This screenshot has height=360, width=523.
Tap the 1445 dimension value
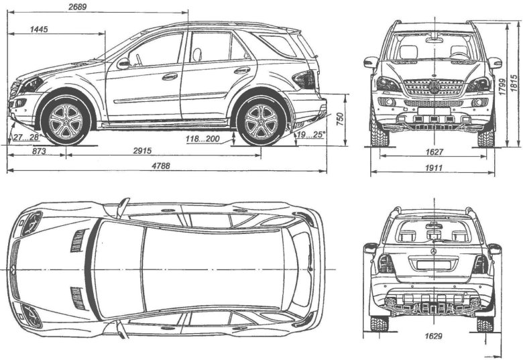tap(42, 30)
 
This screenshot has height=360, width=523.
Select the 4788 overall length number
tap(159, 166)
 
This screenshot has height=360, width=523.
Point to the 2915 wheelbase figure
tap(161, 152)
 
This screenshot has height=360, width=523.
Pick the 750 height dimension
tap(340, 119)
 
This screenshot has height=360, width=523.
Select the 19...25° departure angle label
tap(312, 135)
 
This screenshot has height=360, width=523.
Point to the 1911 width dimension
tap(432, 168)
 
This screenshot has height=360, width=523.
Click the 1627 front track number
tap(432, 153)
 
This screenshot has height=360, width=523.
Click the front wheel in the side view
tap(65, 121)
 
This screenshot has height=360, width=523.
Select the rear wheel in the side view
tap(261, 121)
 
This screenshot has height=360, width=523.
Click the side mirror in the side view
tap(123, 64)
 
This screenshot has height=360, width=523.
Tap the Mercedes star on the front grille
tap(434, 88)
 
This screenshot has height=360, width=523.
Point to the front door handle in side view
tap(170, 76)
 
